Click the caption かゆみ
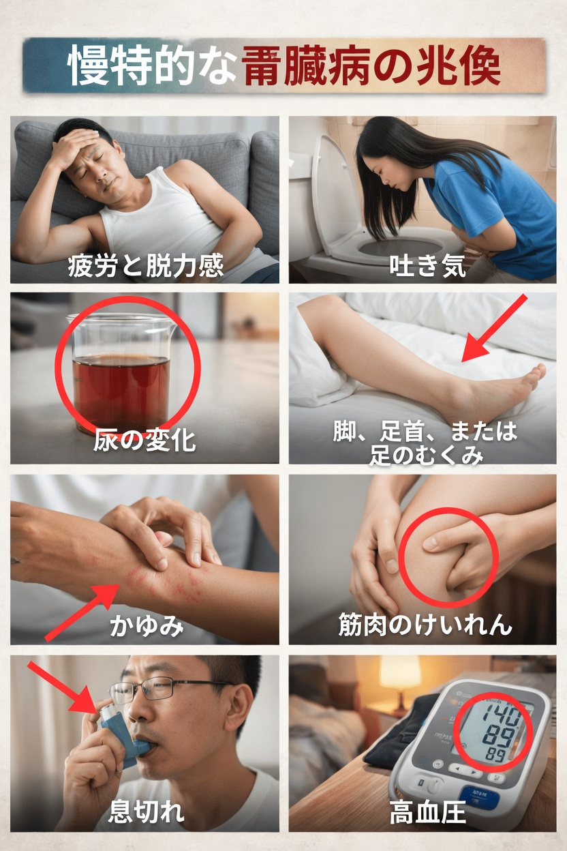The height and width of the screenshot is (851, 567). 147,625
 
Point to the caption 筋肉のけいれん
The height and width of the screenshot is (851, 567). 425,625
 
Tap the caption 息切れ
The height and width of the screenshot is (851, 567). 146,812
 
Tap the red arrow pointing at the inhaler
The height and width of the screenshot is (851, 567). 63,689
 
